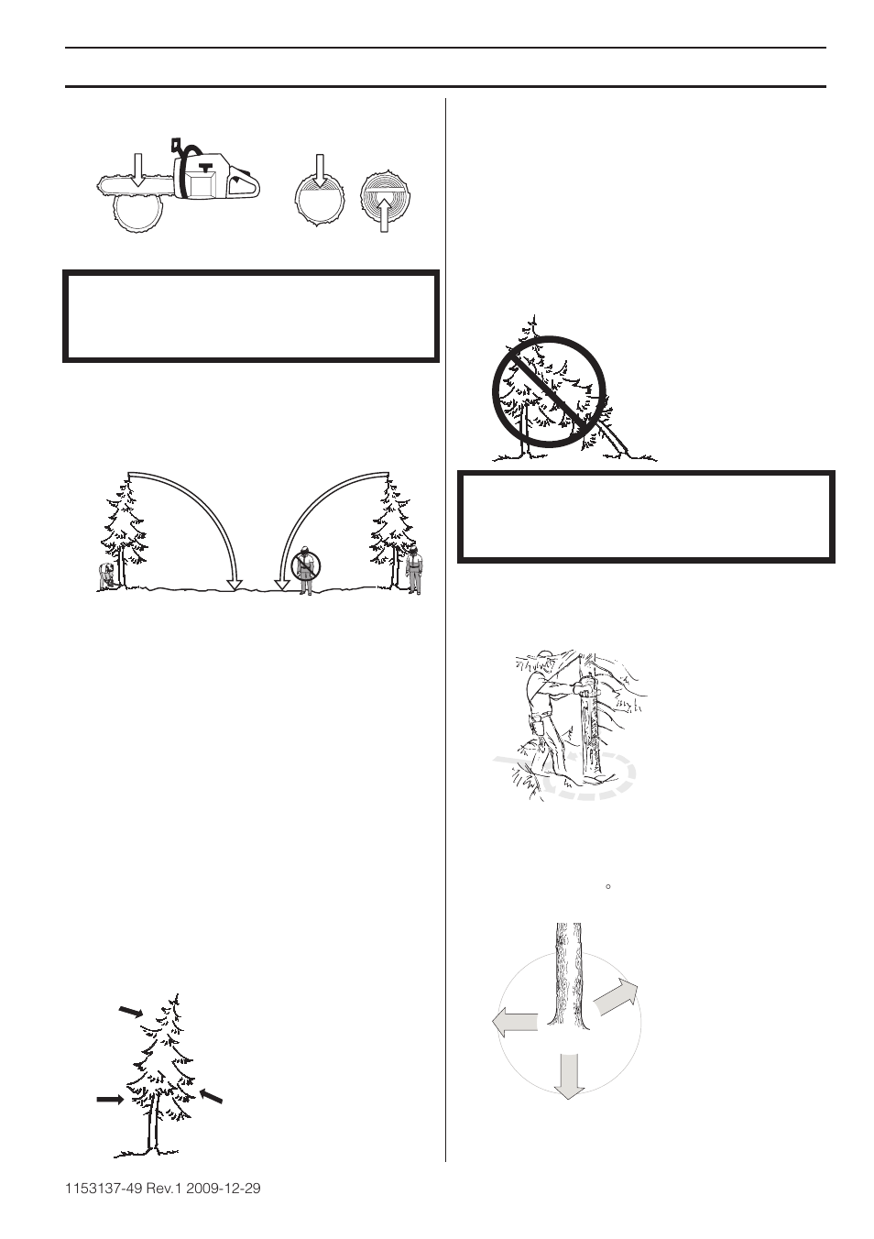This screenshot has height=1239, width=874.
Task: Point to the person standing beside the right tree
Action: point(415,571)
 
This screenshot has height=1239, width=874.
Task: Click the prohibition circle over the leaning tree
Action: point(549,393)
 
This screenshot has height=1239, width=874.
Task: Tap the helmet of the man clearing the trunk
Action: point(547,657)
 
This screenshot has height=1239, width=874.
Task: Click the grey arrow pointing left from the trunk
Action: point(514,1023)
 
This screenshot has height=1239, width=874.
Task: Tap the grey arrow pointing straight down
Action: point(569,1075)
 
